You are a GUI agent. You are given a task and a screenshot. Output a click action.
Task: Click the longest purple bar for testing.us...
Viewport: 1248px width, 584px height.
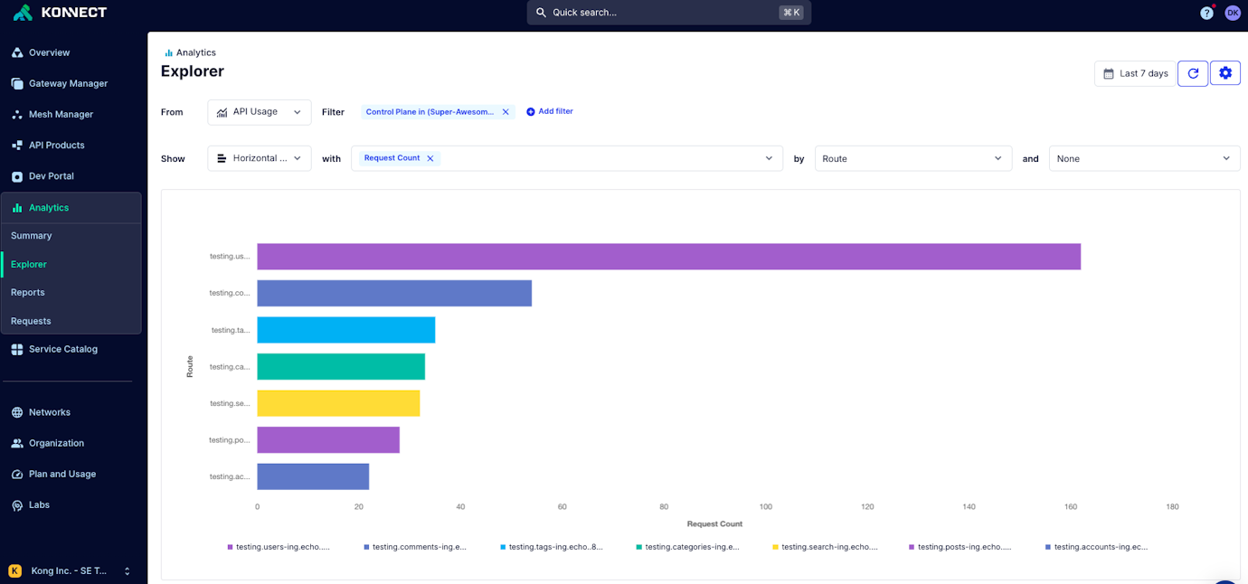point(668,257)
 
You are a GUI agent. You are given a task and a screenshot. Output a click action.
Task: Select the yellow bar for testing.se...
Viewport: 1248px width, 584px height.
point(338,403)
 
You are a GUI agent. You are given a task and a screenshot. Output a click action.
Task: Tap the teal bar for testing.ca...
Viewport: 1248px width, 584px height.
point(341,366)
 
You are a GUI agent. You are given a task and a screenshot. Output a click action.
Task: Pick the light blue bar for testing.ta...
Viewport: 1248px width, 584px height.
point(345,330)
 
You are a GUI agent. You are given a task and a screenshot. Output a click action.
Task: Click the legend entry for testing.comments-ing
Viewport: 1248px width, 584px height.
point(415,547)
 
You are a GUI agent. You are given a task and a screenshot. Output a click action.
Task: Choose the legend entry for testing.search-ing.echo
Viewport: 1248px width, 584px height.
point(825,547)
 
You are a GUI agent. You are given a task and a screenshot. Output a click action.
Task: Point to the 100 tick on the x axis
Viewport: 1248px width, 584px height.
point(765,506)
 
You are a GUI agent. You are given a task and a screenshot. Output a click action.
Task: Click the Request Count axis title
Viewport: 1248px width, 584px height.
point(714,523)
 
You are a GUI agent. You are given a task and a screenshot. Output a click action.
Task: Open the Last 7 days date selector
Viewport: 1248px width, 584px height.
point(1135,73)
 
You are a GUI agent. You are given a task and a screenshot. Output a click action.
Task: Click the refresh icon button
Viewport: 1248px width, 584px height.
point(1193,73)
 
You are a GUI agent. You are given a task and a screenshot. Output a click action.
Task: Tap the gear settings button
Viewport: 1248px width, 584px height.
point(1225,73)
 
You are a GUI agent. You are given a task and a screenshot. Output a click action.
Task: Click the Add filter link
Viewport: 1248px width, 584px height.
point(550,111)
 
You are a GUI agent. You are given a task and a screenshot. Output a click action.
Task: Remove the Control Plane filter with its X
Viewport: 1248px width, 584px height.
point(506,112)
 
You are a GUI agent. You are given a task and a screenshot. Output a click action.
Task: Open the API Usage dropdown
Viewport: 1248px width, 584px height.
point(259,112)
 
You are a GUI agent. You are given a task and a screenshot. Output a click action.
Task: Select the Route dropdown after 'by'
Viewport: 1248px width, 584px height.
point(912,158)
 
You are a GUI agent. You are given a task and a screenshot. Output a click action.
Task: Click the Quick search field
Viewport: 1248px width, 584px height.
point(668,13)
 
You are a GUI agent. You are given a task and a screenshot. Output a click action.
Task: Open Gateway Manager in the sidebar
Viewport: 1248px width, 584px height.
point(68,83)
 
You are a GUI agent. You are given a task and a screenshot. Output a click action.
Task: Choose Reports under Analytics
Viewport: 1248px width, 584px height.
point(28,292)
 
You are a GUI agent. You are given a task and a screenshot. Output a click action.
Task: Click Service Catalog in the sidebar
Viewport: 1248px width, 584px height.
point(62,349)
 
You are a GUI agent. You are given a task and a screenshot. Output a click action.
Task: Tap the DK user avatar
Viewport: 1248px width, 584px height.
point(1232,13)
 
